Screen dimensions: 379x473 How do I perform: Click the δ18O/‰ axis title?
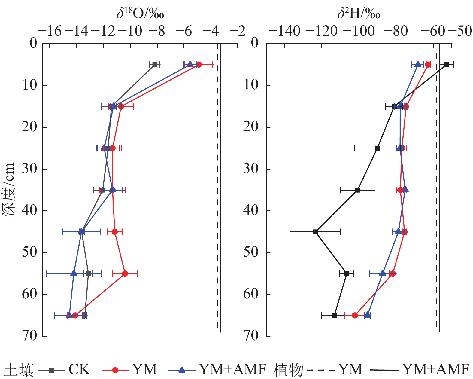pos(140,14)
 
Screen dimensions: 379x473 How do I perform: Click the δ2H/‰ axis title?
pos(359,14)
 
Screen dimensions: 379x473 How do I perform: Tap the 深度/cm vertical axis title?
pos(8,190)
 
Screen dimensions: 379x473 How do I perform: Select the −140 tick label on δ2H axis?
pos(284,31)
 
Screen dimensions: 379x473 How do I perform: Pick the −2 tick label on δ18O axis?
pos(238,31)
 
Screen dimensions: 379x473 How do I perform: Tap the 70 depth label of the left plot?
pos(29,336)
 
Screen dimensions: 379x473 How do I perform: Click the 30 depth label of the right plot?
pos(251,169)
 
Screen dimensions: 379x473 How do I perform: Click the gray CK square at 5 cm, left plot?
pos(155,65)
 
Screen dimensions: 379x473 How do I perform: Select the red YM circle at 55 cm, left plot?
pos(125,274)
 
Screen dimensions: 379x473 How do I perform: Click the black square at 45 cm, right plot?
pos(315,232)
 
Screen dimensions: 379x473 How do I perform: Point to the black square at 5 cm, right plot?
pos(447,65)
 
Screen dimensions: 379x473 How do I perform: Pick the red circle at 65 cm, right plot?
pos(355,315)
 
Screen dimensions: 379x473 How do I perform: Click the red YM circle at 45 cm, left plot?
pos(115,232)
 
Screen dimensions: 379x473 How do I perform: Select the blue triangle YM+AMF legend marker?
pos(182,370)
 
